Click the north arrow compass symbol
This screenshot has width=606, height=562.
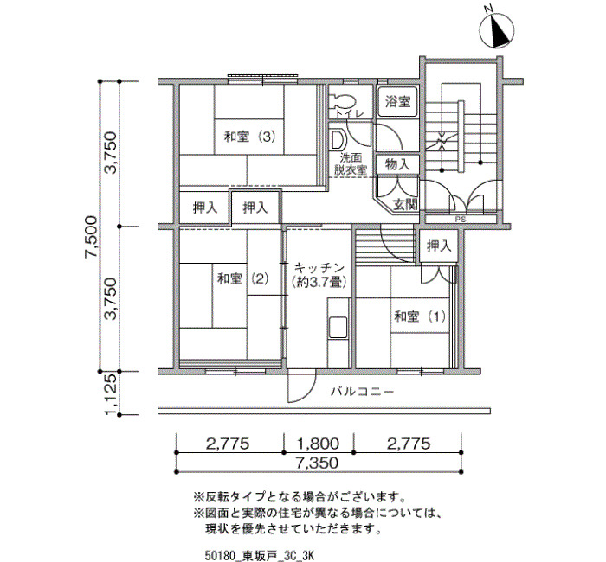pyautogui.click(x=497, y=30)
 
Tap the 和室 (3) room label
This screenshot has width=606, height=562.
pyautogui.click(x=249, y=137)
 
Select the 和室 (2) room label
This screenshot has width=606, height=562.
pyautogui.click(x=242, y=278)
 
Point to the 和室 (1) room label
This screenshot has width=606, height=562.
pyautogui.click(x=420, y=316)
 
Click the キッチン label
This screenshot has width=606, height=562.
pyautogui.click(x=319, y=267)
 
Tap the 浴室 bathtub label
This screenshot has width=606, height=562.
pyautogui.click(x=397, y=101)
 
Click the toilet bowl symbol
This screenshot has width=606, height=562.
pyautogui.click(x=342, y=101)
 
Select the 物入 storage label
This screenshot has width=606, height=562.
pyautogui.click(x=397, y=165)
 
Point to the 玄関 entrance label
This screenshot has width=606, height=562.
pyautogui.click(x=405, y=205)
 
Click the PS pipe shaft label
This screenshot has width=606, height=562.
pyautogui.click(x=461, y=220)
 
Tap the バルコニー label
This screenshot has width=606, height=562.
pyautogui.click(x=362, y=393)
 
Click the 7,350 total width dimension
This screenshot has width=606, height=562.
pyautogui.click(x=318, y=463)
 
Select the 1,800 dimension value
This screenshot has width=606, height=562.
pyautogui.click(x=318, y=444)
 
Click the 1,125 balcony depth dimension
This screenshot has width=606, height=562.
pyautogui.click(x=111, y=394)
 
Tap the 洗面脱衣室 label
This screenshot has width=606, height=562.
pyautogui.click(x=351, y=164)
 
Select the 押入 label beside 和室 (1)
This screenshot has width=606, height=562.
pyautogui.click(x=439, y=246)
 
